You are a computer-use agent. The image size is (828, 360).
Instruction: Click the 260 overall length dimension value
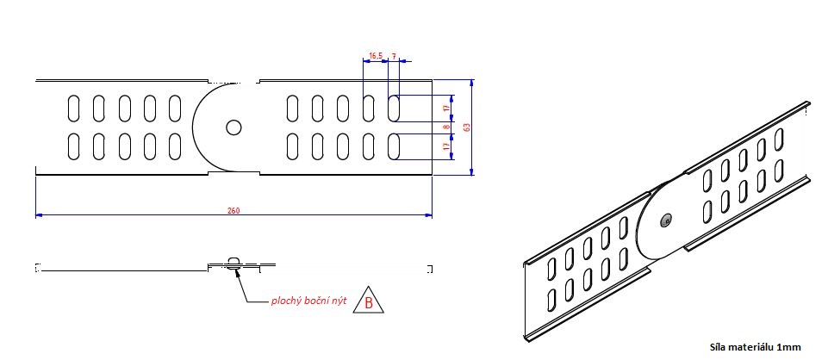tap(233, 210)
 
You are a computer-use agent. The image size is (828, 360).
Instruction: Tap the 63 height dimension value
tap(466, 127)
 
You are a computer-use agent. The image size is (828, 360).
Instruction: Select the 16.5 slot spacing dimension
tap(375, 56)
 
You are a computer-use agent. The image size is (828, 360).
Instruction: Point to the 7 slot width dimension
tap(395, 56)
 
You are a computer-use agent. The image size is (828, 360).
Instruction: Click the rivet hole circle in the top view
tap(233, 127)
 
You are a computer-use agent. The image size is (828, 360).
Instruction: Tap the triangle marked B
tap(369, 301)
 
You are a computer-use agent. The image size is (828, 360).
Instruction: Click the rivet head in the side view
tap(234, 260)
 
